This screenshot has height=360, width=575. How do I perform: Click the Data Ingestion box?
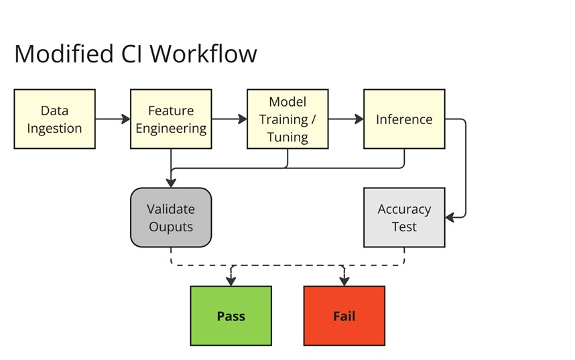click(x=54, y=119)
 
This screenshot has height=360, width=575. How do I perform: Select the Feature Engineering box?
click(x=171, y=119)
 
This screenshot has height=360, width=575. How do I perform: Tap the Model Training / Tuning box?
click(x=287, y=119)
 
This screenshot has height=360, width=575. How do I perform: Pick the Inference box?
click(x=404, y=119)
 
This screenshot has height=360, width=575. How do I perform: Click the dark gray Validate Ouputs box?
click(x=171, y=218)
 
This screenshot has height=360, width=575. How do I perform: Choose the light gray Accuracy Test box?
click(x=404, y=218)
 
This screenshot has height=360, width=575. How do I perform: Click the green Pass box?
click(x=231, y=316)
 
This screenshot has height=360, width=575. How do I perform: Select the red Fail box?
click(x=344, y=316)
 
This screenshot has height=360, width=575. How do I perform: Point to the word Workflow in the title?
click(x=208, y=54)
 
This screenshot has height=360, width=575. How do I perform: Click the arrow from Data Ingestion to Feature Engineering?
click(x=113, y=119)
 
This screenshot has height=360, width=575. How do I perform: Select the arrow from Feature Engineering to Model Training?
click(x=229, y=119)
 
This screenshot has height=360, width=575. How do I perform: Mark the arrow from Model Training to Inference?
click(x=346, y=119)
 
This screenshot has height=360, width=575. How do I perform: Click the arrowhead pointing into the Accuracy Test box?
click(x=451, y=217)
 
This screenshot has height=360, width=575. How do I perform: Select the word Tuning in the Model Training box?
click(x=287, y=137)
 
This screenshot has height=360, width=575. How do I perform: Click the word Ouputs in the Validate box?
click(x=171, y=227)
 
